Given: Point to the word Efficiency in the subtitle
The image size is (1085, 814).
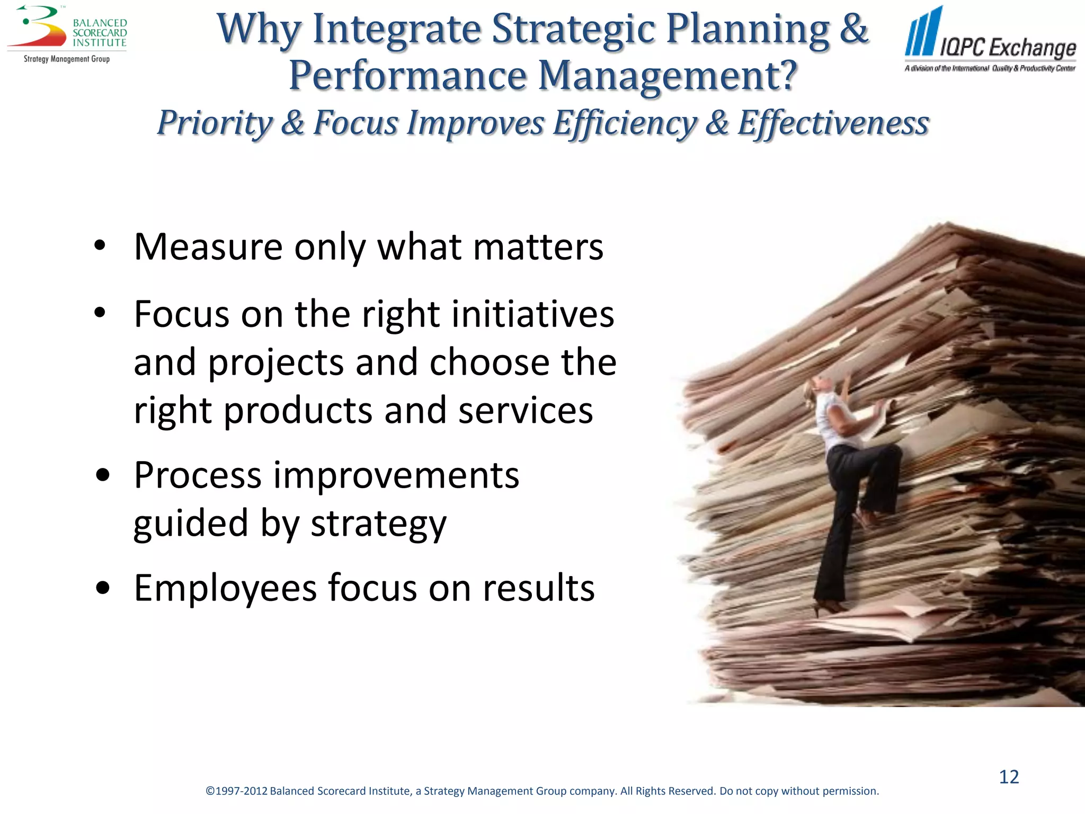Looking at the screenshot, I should point(625,123).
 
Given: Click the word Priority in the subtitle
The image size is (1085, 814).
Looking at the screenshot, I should point(215,123).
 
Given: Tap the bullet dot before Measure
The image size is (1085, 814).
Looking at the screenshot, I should point(100,246).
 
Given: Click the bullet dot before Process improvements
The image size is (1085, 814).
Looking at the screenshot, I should point(103,475).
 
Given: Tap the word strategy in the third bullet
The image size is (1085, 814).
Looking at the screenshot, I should point(378,524).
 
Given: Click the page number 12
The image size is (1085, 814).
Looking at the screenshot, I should point(1009,777).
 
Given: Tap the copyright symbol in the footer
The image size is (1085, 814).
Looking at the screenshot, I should point(210,791).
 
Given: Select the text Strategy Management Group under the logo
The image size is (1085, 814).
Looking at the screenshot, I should point(67,59).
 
